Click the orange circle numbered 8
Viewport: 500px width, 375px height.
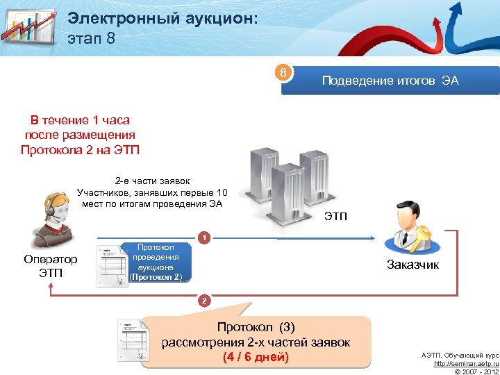point(283,73)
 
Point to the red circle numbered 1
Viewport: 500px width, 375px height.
point(203,237)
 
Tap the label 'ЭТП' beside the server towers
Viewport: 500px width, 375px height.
point(335,217)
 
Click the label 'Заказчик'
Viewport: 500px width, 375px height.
point(412,265)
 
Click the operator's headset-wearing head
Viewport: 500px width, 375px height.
point(56,207)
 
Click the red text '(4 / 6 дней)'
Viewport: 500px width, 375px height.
point(256,358)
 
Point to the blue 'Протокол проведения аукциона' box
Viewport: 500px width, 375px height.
point(156,262)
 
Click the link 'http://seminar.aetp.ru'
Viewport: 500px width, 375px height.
point(467,363)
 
